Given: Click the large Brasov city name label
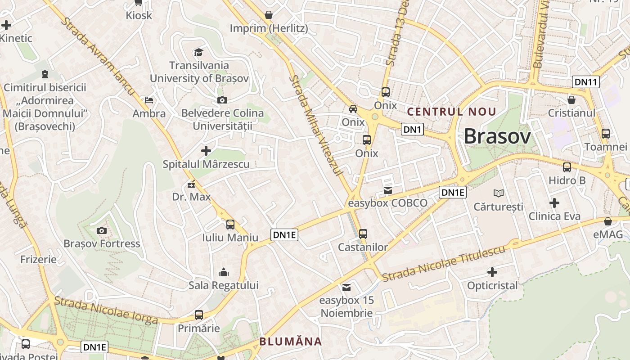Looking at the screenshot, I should [x=497, y=136].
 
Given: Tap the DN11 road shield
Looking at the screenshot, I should [x=586, y=82].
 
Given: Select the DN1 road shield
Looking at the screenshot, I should [x=413, y=130].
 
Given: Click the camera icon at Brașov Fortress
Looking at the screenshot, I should [x=102, y=231].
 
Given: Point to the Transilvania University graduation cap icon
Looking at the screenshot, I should [x=198, y=53].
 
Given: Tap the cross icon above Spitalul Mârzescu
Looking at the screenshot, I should [x=206, y=151].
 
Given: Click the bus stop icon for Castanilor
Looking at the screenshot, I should [x=363, y=234].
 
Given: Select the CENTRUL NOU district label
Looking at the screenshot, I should [x=451, y=112].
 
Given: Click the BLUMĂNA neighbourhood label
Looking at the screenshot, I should [x=291, y=342].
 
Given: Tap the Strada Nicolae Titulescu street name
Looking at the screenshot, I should [x=444, y=263].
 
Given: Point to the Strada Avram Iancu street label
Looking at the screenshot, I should [x=99, y=56].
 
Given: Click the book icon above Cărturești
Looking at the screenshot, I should [x=499, y=193].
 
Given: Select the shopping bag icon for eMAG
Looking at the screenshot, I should [x=608, y=221].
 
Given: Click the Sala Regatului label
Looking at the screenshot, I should [x=224, y=285].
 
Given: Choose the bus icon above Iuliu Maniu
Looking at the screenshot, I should [x=230, y=224].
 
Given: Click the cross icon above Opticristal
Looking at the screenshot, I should [x=492, y=272].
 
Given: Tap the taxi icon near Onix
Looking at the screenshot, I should [x=353, y=109].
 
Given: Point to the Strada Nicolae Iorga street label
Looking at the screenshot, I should [x=106, y=310].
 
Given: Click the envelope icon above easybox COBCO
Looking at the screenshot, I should [x=388, y=190].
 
